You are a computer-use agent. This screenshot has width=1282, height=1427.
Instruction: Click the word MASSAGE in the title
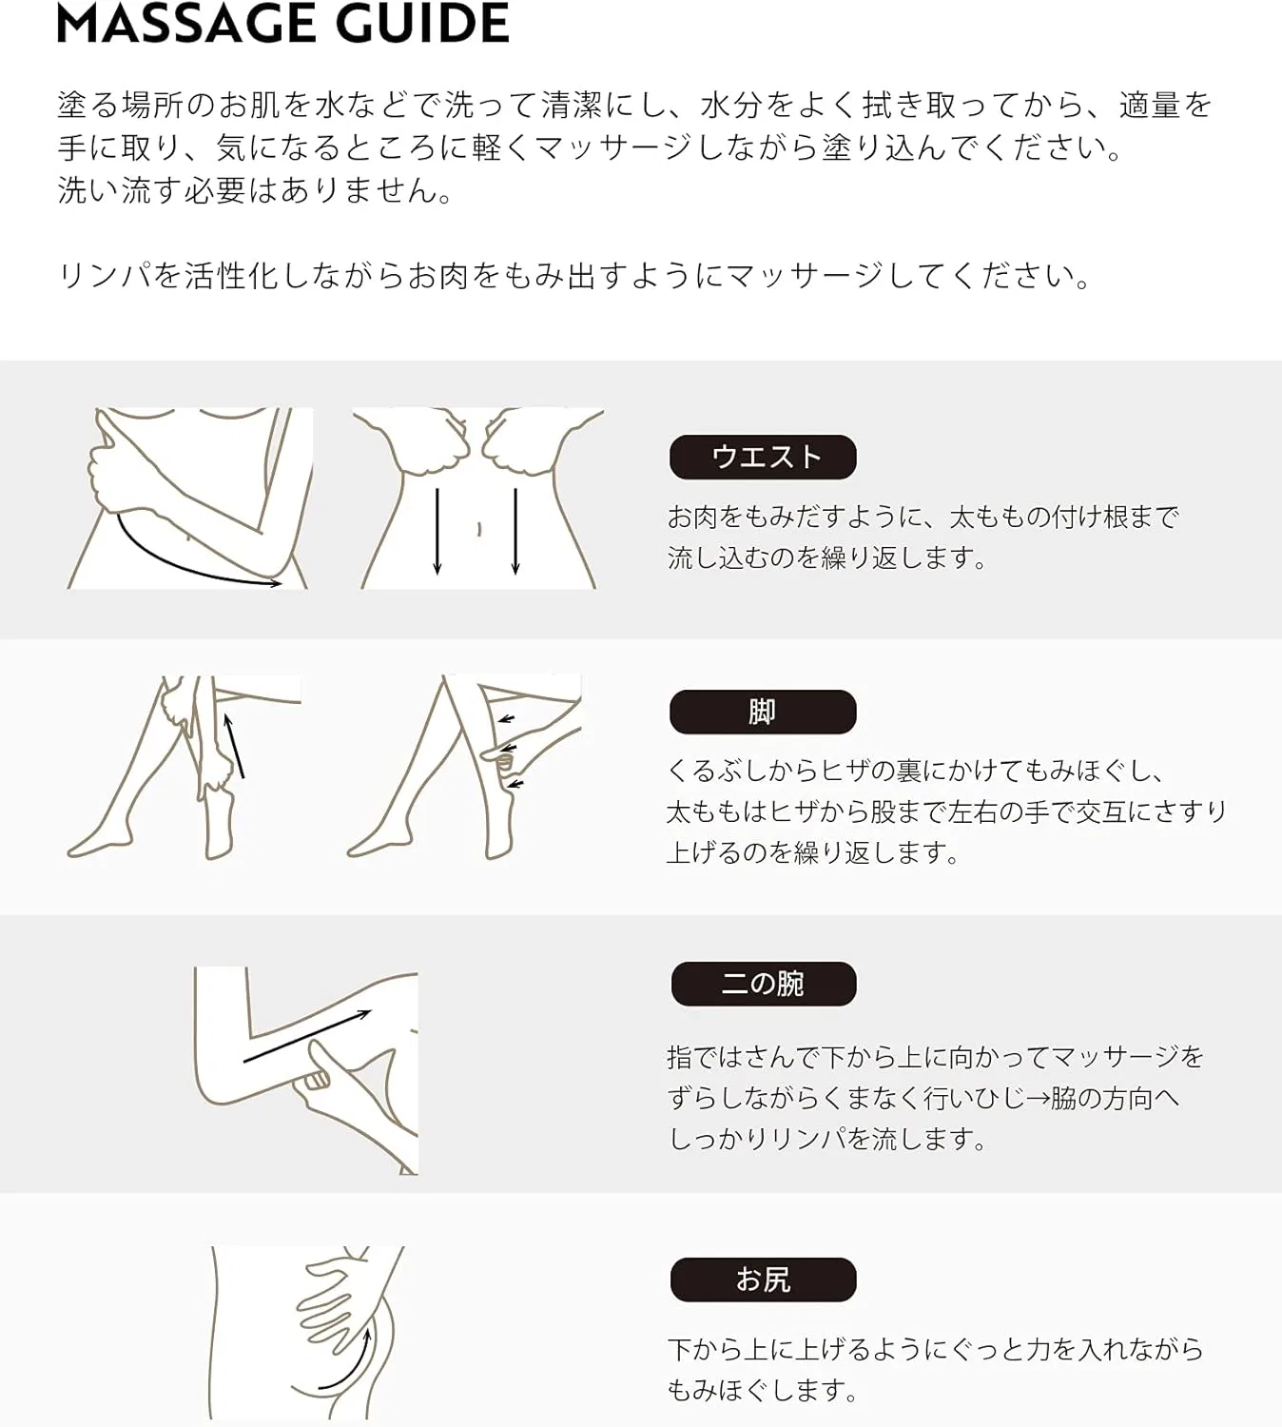[186, 23]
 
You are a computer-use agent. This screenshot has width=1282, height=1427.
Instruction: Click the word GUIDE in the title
[422, 23]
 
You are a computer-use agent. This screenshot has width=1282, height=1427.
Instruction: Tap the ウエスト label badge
[763, 457]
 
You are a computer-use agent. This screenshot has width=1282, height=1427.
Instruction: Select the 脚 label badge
[763, 712]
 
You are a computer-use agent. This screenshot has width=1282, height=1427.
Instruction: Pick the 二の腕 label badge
[764, 984]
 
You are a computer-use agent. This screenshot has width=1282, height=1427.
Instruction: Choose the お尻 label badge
[764, 1280]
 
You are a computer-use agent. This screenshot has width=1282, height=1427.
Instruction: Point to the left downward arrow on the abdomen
[437, 531]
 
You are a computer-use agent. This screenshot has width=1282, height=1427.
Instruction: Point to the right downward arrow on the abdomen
[515, 531]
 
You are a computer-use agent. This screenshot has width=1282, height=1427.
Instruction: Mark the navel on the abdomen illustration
[479, 529]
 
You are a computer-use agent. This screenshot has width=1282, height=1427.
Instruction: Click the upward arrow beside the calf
[236, 746]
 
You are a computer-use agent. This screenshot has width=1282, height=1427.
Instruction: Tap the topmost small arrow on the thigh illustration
[507, 719]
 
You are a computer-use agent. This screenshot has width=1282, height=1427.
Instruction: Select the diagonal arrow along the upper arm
[307, 1036]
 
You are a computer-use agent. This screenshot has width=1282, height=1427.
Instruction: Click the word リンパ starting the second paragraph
[106, 276]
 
